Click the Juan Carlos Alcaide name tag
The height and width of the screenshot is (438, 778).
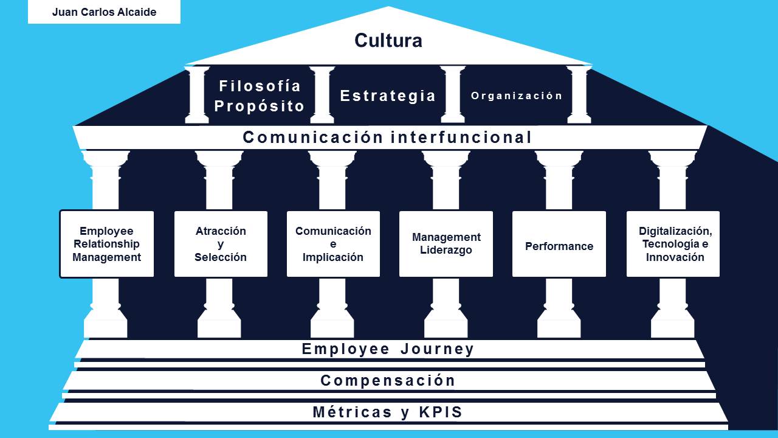pos(104,12)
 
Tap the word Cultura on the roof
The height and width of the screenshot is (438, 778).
pos(388,41)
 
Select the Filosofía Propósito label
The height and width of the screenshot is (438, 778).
pos(260,96)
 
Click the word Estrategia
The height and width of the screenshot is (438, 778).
pos(388,96)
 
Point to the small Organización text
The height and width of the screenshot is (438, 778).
pos(517,96)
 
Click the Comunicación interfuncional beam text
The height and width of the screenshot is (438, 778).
pos(388,137)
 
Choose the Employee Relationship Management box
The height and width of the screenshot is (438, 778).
pos(106,244)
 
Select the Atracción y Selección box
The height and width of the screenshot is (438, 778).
pos(221,244)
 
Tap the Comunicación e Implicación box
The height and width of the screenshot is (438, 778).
pos(333,244)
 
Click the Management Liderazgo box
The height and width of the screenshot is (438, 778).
pos(446,244)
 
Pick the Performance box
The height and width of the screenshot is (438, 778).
pos(559,246)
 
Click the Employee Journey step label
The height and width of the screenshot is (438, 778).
pos(388,349)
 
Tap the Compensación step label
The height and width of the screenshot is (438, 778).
pos(388,381)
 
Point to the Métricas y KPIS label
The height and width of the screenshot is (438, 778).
pos(388,412)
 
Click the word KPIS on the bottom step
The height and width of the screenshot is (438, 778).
pos(441,412)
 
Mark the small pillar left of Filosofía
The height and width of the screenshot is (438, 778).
pos(197,95)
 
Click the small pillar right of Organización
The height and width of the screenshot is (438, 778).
pos(579,95)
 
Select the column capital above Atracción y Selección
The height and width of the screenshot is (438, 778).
pos(219,159)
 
